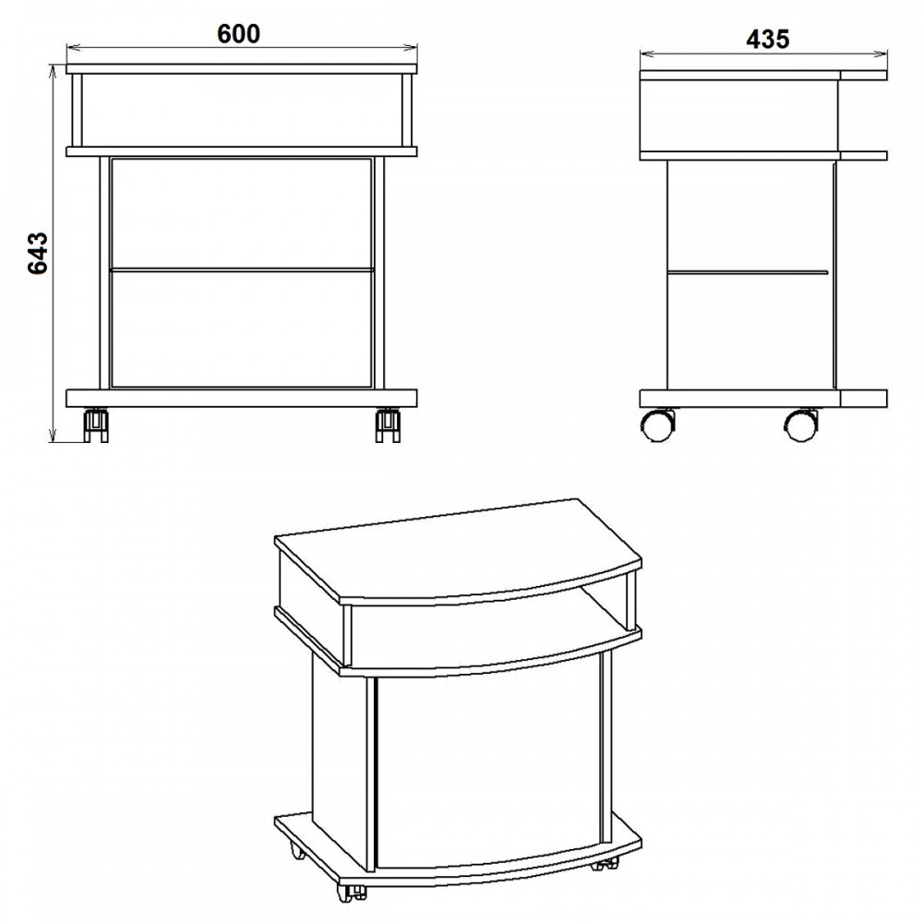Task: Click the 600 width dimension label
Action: point(238,34)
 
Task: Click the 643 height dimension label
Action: point(38,253)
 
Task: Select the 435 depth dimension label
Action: point(768,40)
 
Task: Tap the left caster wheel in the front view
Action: point(96,425)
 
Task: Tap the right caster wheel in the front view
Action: point(388,425)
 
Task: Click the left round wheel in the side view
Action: point(657,425)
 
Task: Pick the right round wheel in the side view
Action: point(801,425)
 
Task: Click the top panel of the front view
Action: point(242,68)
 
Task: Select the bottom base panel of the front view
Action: point(242,398)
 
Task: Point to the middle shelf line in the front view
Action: point(242,270)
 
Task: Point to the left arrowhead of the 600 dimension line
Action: point(72,48)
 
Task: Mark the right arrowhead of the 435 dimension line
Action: point(881,54)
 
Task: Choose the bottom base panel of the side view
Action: point(763,399)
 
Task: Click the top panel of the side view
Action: point(763,76)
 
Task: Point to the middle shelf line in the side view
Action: point(748,272)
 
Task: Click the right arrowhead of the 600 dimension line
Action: point(412,48)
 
